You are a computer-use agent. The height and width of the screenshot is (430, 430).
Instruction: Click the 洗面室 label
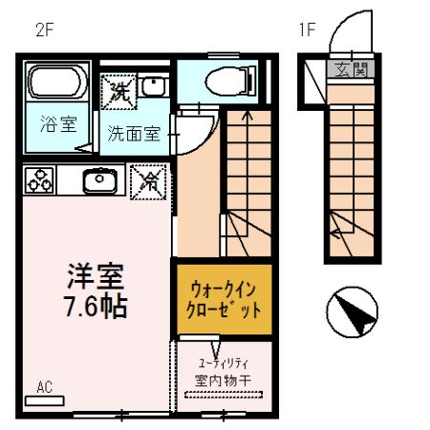click(x=133, y=134)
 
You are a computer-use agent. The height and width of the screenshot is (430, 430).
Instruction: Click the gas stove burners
click(x=39, y=180)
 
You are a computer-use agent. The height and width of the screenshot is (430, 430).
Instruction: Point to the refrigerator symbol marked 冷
click(x=149, y=181)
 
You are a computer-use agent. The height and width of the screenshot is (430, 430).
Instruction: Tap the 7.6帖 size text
click(x=96, y=307)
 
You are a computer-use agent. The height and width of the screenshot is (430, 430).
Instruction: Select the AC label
click(x=44, y=387)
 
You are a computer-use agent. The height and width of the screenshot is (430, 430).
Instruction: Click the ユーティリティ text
click(x=224, y=363)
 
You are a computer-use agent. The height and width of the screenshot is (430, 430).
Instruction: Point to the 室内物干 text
click(x=223, y=381)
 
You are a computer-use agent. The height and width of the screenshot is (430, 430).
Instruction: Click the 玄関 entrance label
click(x=350, y=70)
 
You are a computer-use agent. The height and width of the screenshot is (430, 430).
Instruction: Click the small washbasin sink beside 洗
click(x=152, y=88)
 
